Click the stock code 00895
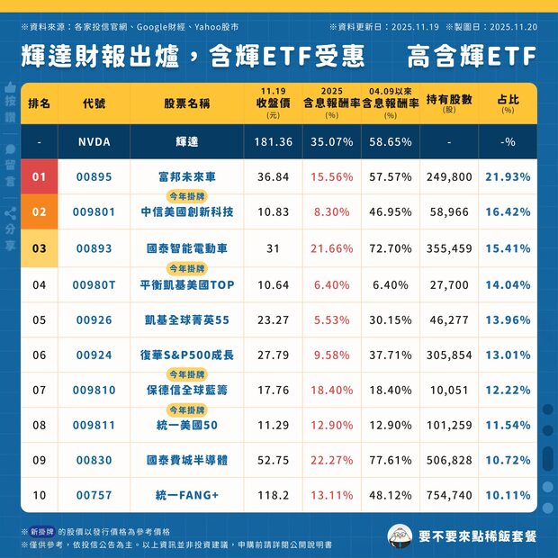(94, 177)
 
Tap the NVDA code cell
(94, 142)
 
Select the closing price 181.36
(273, 142)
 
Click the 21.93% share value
(508, 177)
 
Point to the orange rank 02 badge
(39, 212)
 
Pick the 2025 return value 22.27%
(331, 460)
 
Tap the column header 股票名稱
(186, 103)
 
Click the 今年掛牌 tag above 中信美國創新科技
(186, 195)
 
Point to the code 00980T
(94, 284)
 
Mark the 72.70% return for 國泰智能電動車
(391, 247)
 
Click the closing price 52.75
(273, 460)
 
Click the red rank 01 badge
(39, 177)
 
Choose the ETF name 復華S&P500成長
(186, 355)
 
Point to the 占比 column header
(508, 99)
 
